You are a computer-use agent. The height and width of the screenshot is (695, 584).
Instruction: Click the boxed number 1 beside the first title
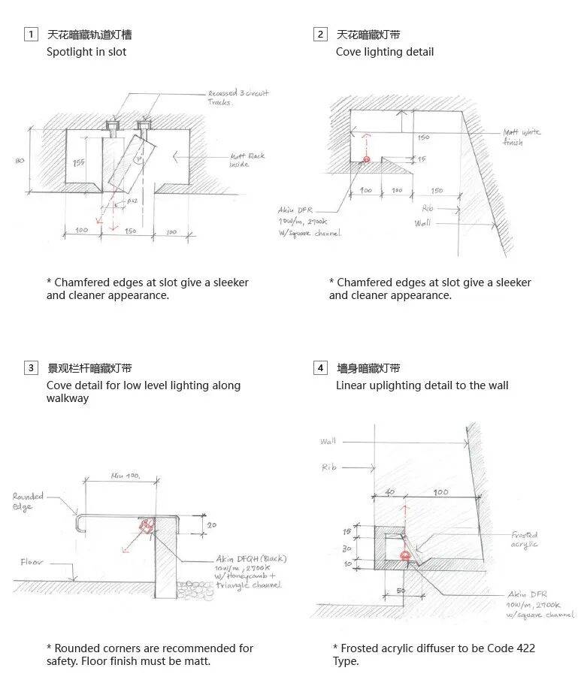pos(31,34)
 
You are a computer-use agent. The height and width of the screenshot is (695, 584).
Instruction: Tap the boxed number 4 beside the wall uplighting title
pos(321,368)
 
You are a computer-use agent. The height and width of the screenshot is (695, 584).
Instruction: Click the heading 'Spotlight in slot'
pos(86,52)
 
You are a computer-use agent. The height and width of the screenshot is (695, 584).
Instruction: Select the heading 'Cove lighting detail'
pos(385,52)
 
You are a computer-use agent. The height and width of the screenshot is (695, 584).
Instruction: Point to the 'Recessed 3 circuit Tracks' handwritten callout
pos(238,97)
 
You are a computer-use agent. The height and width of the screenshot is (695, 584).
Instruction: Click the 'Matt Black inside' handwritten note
pos(247,160)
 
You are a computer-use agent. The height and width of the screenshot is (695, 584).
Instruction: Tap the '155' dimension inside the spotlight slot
pos(78,162)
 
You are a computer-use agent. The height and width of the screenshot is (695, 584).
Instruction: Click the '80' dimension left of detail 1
pos(20,161)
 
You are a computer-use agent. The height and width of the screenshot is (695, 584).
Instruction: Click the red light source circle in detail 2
pos(367,159)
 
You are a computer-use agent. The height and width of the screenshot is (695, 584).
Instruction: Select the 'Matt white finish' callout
pos(522,137)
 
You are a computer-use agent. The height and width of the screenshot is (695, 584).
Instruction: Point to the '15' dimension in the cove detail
pos(422,159)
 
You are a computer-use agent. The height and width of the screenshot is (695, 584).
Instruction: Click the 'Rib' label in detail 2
pos(427,208)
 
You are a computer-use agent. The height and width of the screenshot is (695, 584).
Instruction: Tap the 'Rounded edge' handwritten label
pos(28,501)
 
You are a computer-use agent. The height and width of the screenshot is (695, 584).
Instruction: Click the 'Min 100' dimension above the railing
pos(125,476)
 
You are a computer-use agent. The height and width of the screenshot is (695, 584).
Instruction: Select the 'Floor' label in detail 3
pos(32,562)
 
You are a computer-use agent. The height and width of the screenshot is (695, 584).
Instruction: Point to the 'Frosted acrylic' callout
pos(525,539)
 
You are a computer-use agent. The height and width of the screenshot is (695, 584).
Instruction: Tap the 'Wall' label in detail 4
pos(328,441)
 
